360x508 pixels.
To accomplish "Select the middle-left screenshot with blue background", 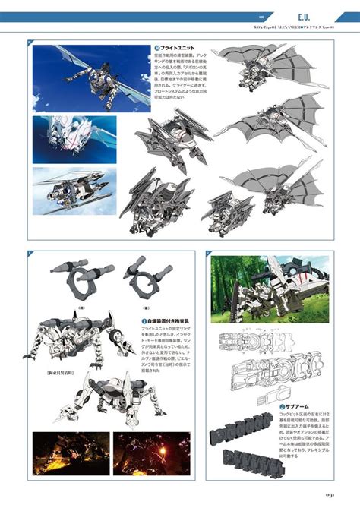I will point(72,138).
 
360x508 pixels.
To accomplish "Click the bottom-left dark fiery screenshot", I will point(70,453).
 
